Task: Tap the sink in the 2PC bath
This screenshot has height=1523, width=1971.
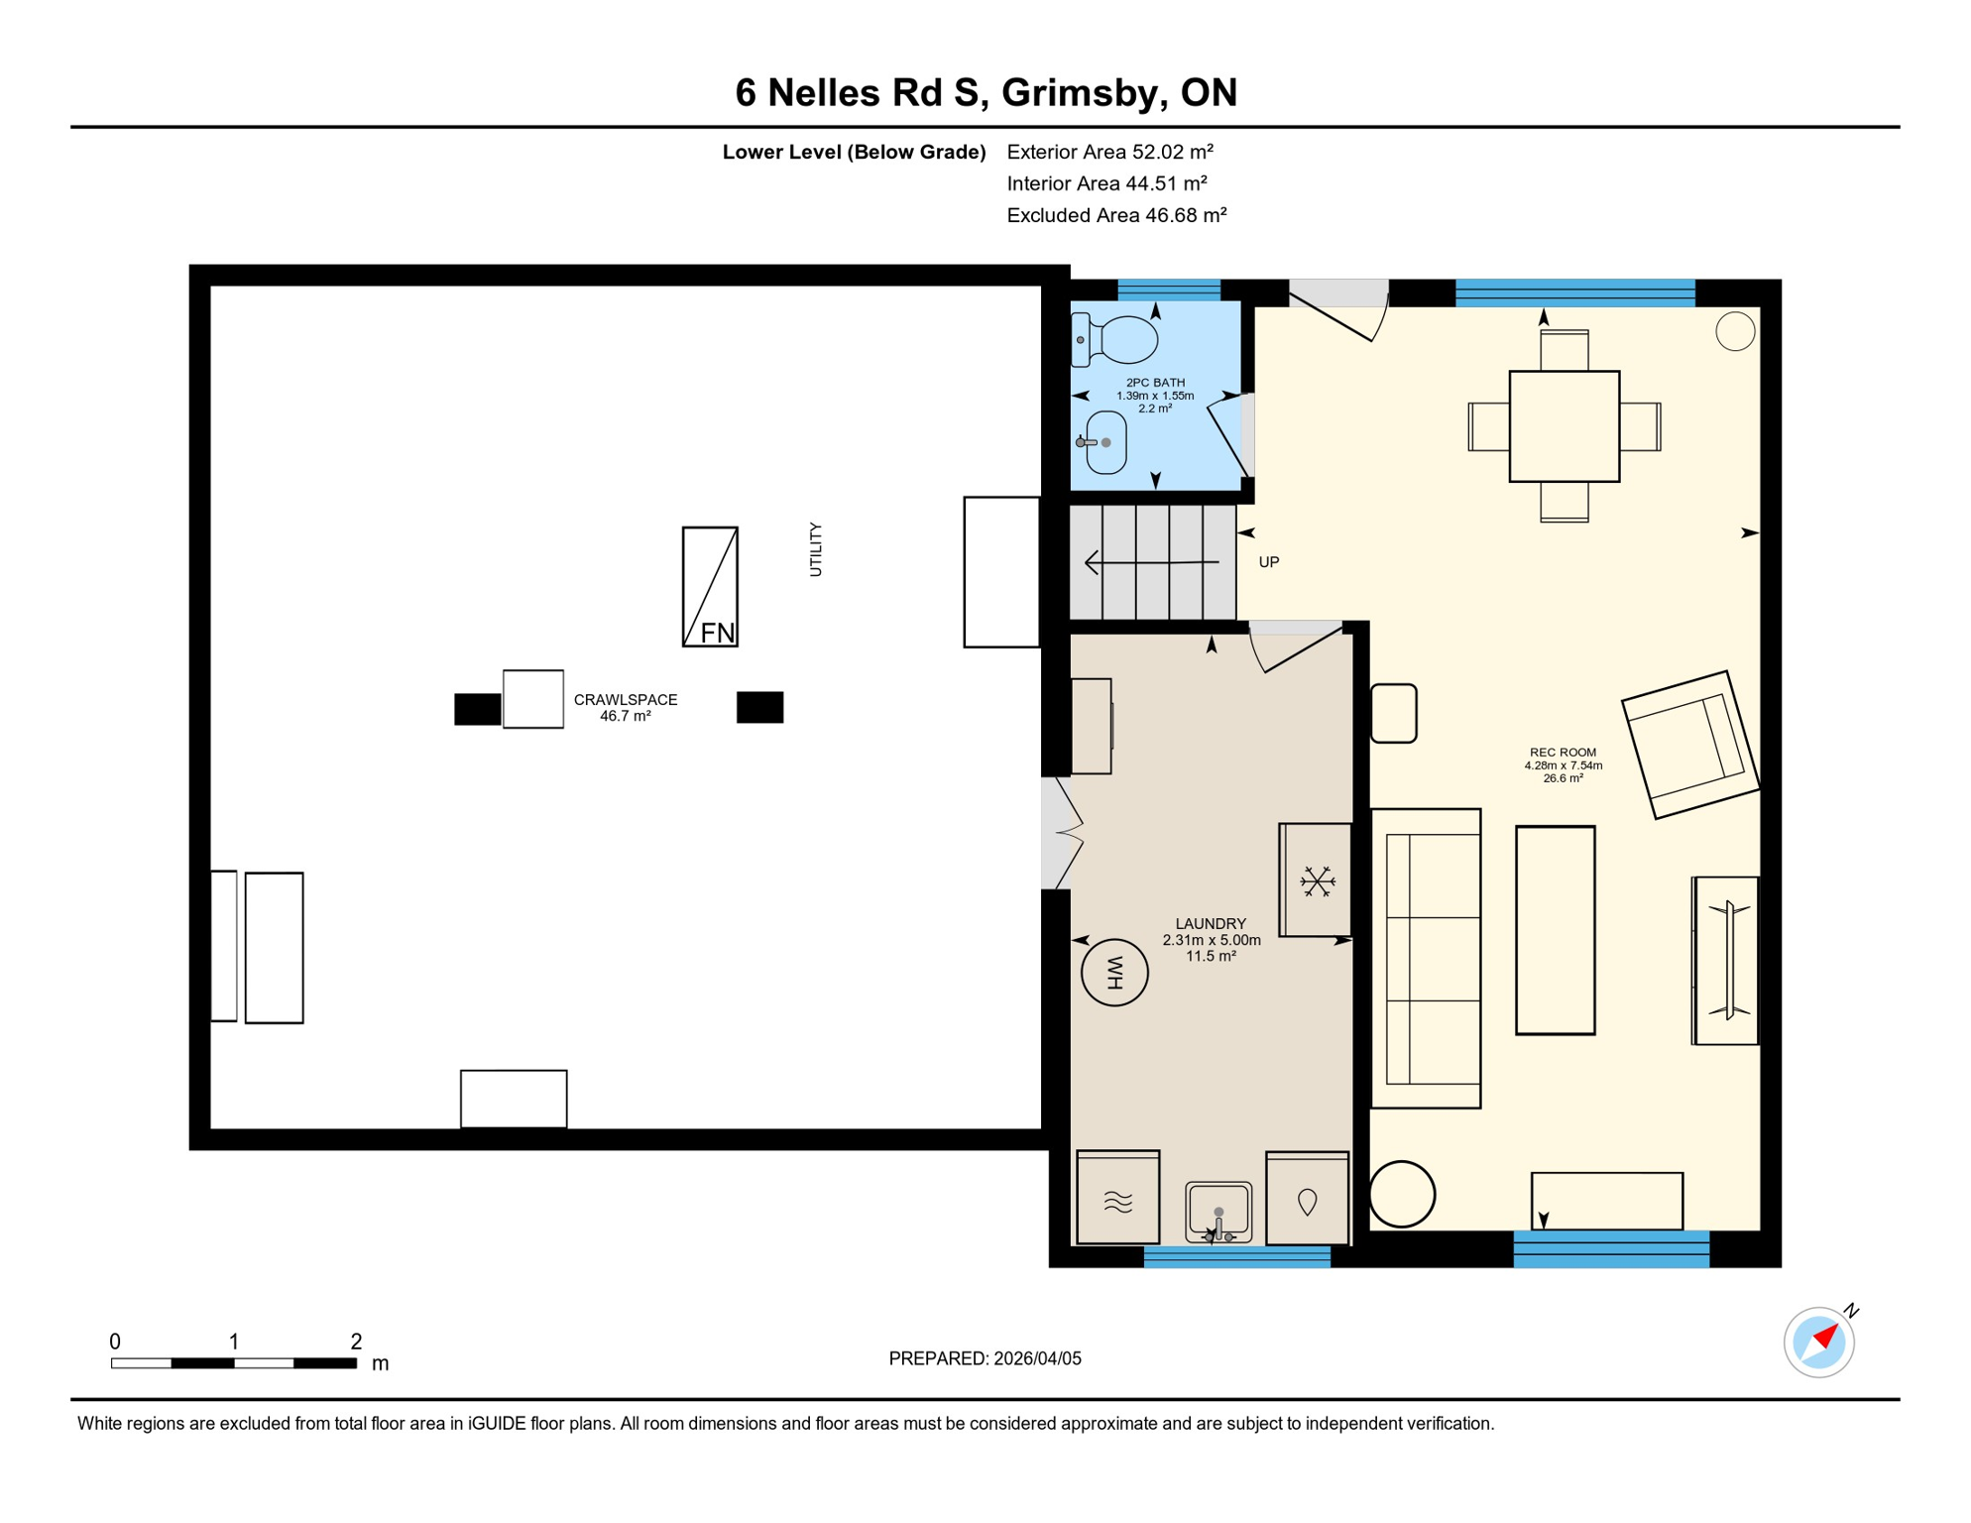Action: [x=1105, y=443]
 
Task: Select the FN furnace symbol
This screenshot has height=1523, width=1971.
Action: [x=710, y=587]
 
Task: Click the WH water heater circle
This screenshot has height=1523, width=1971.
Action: [x=1114, y=973]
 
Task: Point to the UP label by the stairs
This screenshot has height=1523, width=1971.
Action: [x=1268, y=562]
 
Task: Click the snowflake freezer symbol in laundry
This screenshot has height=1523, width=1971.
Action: [x=1317, y=880]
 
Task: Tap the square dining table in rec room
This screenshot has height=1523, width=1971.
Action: [x=1564, y=426]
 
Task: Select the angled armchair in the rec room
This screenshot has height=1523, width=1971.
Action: [x=1689, y=745]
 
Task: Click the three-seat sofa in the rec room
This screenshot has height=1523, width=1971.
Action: [x=1426, y=958]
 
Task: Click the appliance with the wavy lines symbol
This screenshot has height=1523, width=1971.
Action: [x=1117, y=1198]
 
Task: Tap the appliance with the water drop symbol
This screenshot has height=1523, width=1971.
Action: [x=1307, y=1198]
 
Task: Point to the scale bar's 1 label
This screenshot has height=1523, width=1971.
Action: [x=234, y=1342]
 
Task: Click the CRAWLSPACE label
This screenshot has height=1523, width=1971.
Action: [x=626, y=700]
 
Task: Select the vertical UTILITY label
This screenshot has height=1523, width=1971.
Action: [x=815, y=549]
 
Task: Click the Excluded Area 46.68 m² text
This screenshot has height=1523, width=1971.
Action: [x=1116, y=215]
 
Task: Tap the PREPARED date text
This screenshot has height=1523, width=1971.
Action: [x=985, y=1358]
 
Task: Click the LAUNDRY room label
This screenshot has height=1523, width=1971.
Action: [x=1211, y=924]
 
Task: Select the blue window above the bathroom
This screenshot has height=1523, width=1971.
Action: [x=1169, y=291]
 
